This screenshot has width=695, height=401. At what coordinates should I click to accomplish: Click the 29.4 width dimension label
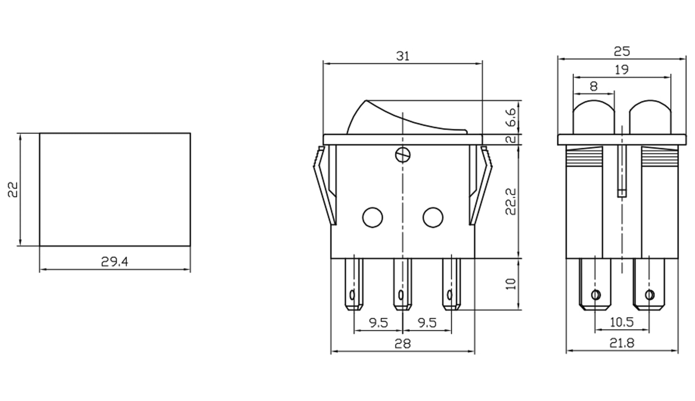(x=115, y=262)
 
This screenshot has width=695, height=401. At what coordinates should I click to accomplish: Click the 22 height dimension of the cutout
(x=13, y=189)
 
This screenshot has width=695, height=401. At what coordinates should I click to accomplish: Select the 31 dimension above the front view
(x=403, y=56)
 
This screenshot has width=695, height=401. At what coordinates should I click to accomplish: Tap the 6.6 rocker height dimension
(x=511, y=117)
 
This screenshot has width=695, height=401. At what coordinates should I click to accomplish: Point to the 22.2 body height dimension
(x=511, y=202)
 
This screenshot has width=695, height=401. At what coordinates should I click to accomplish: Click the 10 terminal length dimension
(x=511, y=284)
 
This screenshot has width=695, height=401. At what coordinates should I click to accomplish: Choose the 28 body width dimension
(x=402, y=344)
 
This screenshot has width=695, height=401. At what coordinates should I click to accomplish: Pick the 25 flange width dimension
(x=621, y=51)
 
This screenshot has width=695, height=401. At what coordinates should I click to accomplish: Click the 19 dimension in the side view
(x=621, y=70)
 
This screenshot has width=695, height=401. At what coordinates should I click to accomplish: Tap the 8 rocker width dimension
(x=593, y=87)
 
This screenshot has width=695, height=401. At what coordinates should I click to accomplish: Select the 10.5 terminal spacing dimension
(x=621, y=322)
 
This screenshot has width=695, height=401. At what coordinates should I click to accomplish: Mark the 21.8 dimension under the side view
(x=621, y=343)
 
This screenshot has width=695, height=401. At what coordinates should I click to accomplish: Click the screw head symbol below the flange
(x=403, y=155)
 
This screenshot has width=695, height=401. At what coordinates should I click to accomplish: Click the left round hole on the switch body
(x=373, y=218)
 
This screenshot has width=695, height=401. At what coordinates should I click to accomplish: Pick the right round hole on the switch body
(x=433, y=218)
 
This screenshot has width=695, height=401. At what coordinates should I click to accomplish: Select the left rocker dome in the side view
(x=593, y=117)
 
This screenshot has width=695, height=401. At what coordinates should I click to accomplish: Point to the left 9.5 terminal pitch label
(x=378, y=323)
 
